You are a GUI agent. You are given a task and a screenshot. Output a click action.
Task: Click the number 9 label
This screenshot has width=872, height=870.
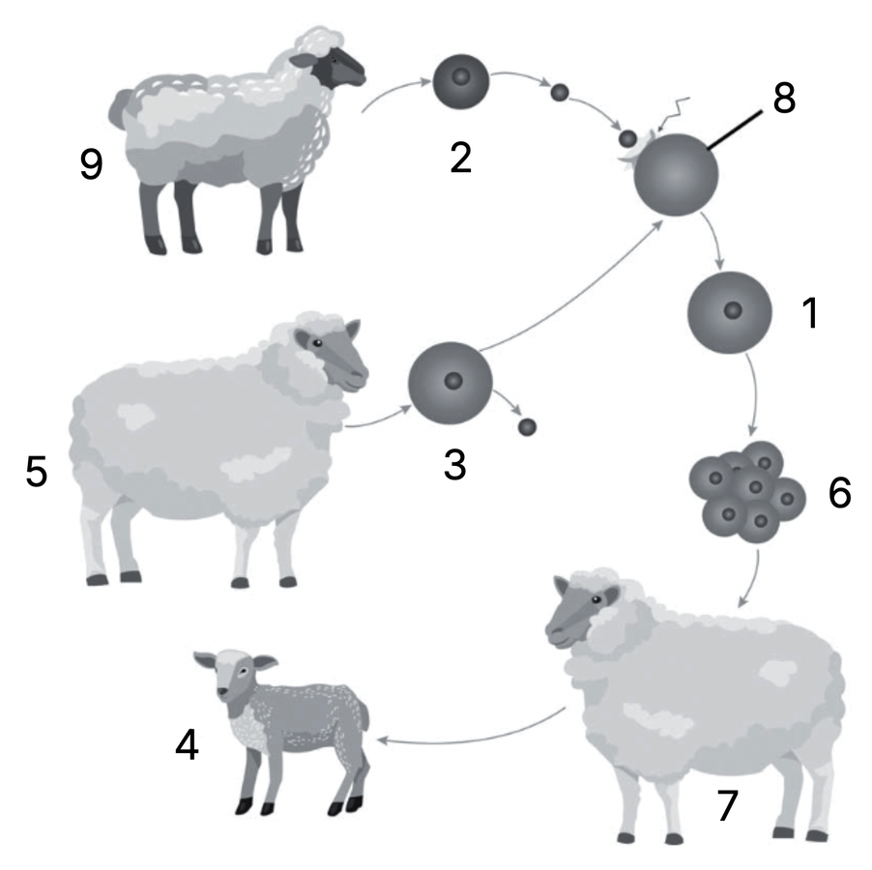click(x=92, y=164)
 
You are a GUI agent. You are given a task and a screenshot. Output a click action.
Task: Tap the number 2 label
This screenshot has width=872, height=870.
click(x=460, y=159)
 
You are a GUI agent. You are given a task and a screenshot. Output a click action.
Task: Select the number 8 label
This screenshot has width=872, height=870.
click(x=784, y=99)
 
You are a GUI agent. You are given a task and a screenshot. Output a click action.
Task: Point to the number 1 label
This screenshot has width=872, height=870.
click(x=811, y=313)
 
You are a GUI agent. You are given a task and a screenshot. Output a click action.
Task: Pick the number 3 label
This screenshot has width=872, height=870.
click(x=454, y=465)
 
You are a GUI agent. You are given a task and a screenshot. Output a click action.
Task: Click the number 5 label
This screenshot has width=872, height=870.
click(x=36, y=472)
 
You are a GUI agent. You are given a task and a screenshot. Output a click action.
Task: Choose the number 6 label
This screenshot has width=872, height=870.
click(x=839, y=492)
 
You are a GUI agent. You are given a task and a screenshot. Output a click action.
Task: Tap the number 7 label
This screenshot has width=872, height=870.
click(x=727, y=805)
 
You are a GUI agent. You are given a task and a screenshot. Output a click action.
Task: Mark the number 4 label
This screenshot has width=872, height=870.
click(x=187, y=745)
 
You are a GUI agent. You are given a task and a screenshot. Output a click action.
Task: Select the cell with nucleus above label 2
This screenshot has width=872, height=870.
click(x=461, y=82)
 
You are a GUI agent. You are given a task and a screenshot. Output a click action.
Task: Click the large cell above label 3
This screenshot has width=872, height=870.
click(x=451, y=384)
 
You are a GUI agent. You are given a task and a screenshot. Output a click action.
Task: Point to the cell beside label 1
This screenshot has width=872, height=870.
click(x=730, y=312)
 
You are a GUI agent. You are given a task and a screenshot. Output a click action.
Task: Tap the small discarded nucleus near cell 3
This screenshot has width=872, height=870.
click(x=527, y=427)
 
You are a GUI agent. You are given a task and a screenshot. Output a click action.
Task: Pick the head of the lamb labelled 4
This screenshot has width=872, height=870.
click(x=235, y=679)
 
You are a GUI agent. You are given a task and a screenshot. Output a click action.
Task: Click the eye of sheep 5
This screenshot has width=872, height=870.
click(x=317, y=343)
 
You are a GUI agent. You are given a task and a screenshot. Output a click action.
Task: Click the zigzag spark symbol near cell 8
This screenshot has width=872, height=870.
click(x=674, y=114)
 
